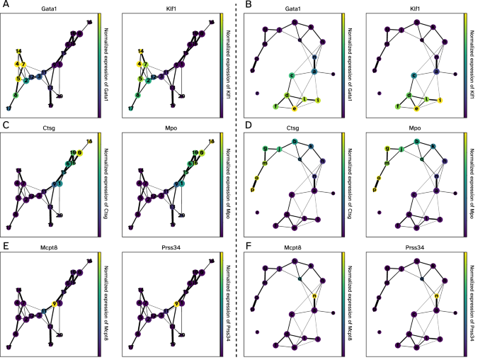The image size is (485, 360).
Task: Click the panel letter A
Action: coord(4,5)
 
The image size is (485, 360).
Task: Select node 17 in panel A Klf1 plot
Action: coord(125,108)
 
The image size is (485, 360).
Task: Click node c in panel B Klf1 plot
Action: coord(413,74)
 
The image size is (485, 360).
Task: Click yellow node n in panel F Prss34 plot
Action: coord(437,297)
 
